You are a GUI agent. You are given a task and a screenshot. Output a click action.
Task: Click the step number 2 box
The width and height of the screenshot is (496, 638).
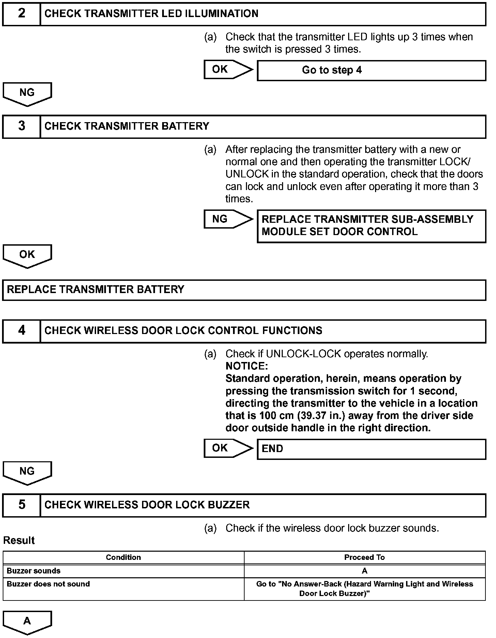[21, 14]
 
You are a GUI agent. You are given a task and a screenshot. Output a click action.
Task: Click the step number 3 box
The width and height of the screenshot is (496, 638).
[21, 126]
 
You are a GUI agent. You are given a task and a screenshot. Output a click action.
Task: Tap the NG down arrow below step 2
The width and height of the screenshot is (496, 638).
[27, 93]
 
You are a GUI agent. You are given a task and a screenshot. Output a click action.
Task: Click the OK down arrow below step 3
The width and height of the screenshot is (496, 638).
[27, 256]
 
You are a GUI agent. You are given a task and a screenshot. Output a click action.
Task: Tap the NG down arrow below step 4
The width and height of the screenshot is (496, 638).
[27, 473]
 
